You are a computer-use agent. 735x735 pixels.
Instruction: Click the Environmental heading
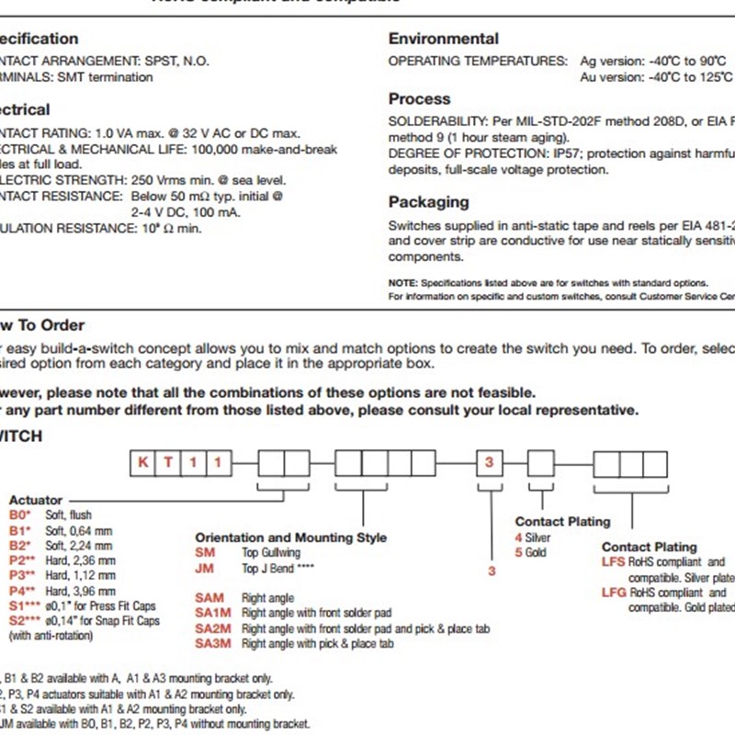pos(444,39)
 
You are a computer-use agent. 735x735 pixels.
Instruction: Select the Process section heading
pos(419,99)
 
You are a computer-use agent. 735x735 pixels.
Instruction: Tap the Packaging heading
pos(428,202)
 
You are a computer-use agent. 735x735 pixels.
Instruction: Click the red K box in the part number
pos(142,463)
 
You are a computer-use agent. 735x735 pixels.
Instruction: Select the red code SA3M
pos(212,645)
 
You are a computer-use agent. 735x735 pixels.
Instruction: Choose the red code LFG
pos(614,593)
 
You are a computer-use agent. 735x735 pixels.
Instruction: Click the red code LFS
pos(614,562)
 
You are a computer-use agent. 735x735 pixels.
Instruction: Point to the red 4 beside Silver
pos(518,537)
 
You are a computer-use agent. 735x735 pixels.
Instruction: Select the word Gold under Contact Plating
pos(537,553)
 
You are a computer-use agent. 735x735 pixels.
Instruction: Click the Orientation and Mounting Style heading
pos(290,537)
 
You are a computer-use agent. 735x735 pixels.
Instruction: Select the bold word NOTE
pos(401,283)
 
